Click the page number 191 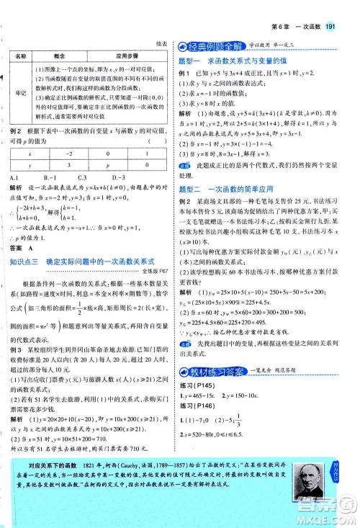(343, 9)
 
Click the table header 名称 (21, 55)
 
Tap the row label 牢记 (21, 103)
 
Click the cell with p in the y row (117, 185)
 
